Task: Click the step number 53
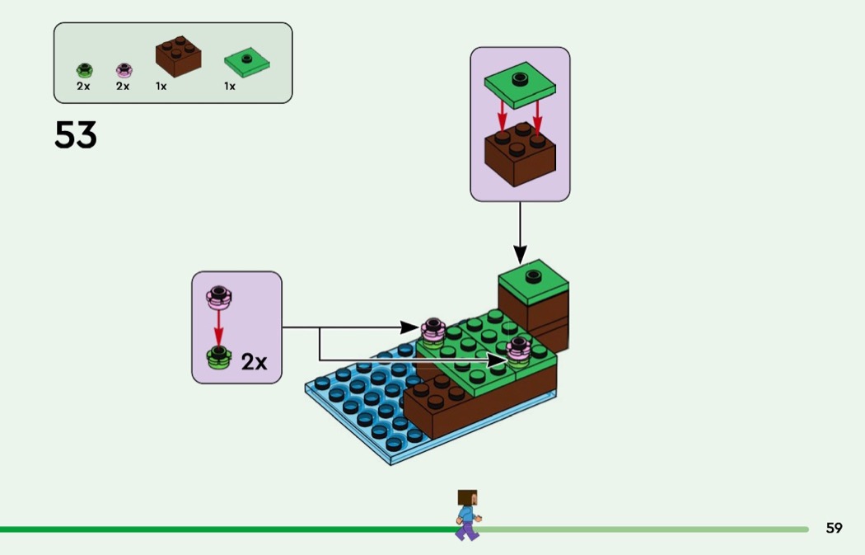(x=76, y=135)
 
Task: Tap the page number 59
(x=834, y=528)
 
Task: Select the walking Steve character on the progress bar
(x=467, y=515)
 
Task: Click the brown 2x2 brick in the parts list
(x=178, y=55)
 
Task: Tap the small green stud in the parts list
(x=84, y=70)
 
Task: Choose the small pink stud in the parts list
(x=124, y=70)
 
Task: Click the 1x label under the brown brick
(x=161, y=86)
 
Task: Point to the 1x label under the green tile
(x=230, y=86)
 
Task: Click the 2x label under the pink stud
(x=123, y=86)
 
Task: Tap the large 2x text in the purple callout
(x=254, y=361)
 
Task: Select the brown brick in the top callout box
(x=519, y=153)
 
